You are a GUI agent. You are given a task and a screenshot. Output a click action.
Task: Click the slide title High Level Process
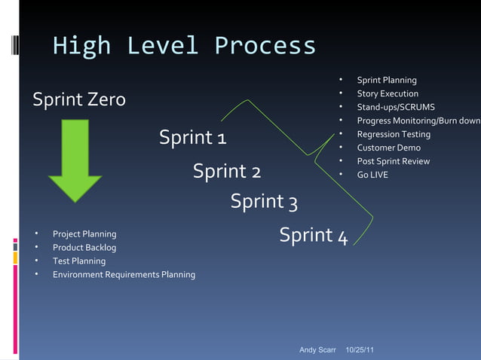pos(184,46)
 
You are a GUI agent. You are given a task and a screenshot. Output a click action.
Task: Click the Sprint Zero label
pos(78,99)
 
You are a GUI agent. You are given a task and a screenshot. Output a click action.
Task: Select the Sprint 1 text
pos(193,139)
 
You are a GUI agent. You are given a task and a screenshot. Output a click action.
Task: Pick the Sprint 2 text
pos(227,171)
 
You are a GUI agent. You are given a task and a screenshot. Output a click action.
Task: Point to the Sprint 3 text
pos(264,202)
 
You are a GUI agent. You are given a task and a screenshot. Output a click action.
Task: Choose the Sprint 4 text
pos(313,236)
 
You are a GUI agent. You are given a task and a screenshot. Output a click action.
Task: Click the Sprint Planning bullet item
pos(386,81)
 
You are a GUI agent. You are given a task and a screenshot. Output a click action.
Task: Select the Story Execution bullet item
pos(388,94)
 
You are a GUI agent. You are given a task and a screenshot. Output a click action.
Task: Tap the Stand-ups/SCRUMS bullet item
pos(395,108)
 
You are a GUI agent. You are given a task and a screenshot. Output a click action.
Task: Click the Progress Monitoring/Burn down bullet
pos(418,121)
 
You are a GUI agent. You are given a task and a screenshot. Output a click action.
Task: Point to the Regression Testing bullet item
pos(394,134)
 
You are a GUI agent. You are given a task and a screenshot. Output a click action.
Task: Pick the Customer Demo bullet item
pos(388,148)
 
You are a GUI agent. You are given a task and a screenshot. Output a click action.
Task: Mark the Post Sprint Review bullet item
pos(393,161)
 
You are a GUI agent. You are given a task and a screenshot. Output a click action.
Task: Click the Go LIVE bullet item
pos(372,175)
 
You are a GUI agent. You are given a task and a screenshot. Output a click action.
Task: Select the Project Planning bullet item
pos(84,234)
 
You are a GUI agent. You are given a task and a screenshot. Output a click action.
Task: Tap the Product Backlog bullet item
pos(84,248)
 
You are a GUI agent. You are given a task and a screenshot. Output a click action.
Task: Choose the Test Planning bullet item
pos(78,261)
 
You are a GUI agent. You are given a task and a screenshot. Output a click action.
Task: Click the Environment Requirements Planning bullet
pos(124,275)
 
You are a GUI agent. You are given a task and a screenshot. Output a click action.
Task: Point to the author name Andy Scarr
pos(317,350)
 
